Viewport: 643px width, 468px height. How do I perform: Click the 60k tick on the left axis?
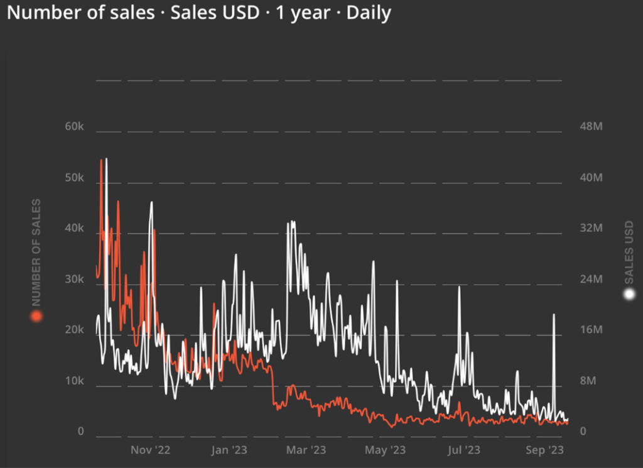point(74,127)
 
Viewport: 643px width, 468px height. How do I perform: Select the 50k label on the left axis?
point(74,178)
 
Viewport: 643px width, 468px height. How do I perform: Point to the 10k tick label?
point(74,381)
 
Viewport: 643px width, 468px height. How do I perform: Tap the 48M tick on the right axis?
point(591,127)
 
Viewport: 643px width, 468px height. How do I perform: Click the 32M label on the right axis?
point(591,229)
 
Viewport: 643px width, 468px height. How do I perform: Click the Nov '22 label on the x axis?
point(151,450)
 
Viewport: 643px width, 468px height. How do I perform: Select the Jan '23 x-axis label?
point(230,450)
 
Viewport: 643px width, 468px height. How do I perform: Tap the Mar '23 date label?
point(306,450)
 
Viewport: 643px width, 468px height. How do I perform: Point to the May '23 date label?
point(385,450)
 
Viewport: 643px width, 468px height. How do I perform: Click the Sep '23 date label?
point(544,450)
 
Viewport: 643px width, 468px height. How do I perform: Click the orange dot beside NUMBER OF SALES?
point(36,316)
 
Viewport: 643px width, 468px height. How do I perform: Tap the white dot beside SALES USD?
point(629,294)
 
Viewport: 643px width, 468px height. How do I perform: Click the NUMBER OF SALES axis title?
point(36,251)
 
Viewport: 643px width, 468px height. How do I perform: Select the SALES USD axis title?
point(629,251)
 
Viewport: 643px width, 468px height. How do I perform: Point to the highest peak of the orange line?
point(100,160)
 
